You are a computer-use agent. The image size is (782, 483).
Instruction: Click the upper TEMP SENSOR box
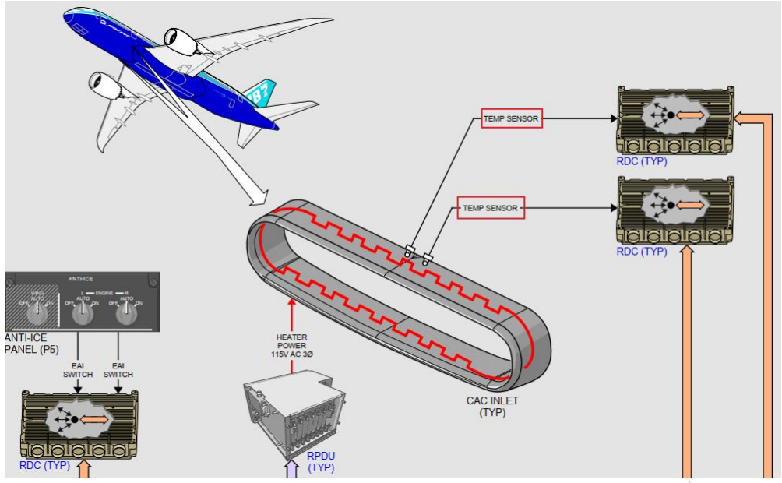(511, 118)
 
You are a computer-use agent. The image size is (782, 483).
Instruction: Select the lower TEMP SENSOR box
(491, 208)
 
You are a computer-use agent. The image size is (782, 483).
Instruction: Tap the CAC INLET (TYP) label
(493, 407)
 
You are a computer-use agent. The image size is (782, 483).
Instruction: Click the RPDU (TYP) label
(321, 462)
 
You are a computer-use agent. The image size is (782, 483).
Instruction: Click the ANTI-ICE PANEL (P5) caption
(29, 344)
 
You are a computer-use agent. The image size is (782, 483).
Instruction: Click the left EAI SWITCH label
(78, 369)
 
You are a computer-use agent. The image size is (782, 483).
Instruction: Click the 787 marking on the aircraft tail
(259, 94)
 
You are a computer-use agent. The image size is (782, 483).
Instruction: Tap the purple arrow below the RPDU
(291, 469)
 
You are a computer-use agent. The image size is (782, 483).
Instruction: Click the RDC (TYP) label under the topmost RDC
(641, 161)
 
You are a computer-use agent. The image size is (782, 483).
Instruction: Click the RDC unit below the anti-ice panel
(79, 424)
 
